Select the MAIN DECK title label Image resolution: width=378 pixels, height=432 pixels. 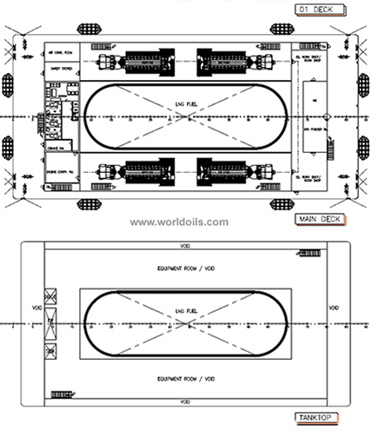click(x=320, y=218)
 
